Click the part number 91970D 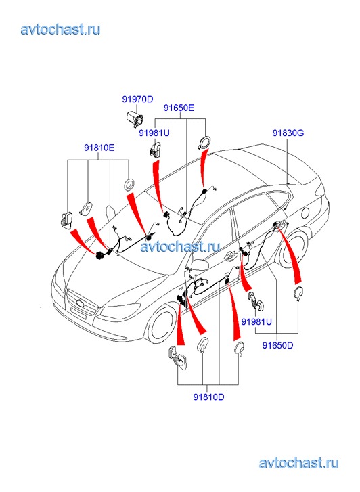(137, 99)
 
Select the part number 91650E (179, 108)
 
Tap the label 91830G (288, 133)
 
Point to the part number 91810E (99, 147)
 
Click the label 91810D (208, 397)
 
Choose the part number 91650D (277, 345)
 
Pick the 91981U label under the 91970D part (154, 133)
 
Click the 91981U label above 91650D (256, 321)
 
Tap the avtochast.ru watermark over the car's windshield (180, 246)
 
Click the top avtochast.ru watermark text (60, 29)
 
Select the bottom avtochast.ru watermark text (299, 463)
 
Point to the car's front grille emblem (81, 303)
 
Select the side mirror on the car (200, 264)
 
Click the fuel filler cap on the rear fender (305, 213)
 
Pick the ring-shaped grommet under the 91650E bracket (204, 143)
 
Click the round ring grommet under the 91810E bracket (129, 184)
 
